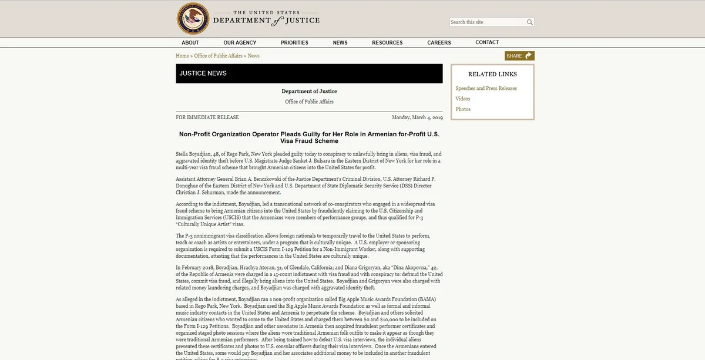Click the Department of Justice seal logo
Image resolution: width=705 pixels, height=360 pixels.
193,19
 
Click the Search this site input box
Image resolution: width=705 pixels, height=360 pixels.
487,22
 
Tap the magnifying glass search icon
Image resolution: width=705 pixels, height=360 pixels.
529,22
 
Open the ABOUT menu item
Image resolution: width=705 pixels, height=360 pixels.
190,43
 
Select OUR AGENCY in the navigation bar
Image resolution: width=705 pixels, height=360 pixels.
240,43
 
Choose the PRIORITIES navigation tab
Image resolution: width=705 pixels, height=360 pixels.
294,43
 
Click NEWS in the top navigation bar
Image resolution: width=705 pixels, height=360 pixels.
340,43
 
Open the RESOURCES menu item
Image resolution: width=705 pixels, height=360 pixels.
387,43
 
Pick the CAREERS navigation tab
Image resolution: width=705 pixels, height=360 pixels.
439,43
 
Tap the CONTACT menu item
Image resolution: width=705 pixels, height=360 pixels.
487,42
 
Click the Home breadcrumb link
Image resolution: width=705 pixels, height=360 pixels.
182,56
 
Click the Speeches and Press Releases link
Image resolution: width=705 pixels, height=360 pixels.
486,88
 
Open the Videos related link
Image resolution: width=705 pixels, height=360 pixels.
463,99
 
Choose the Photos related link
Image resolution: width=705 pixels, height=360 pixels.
463,109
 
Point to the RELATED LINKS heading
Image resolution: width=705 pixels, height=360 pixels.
492,75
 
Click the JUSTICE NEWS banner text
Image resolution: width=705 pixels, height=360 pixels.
203,73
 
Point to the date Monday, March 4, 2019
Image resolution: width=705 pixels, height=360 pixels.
417,117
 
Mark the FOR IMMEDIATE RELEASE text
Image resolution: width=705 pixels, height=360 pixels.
207,117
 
